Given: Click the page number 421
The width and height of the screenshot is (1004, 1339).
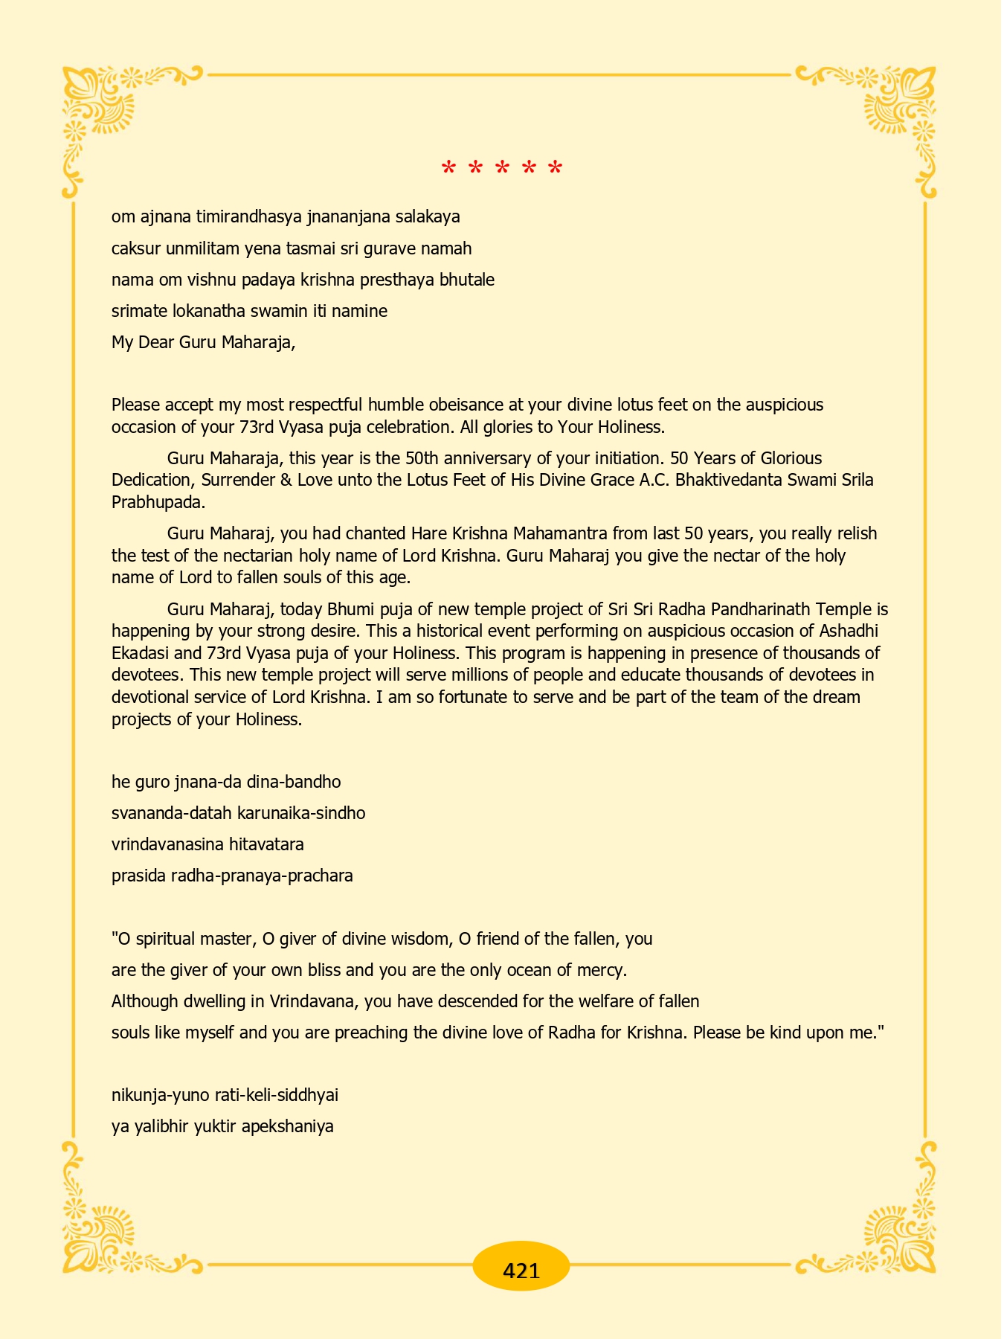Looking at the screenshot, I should click(x=521, y=1271).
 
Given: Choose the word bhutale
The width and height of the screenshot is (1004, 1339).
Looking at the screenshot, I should click(x=467, y=280).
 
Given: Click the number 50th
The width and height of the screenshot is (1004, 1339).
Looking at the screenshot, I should click(x=418, y=458).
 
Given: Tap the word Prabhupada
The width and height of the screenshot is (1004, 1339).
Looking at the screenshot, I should click(x=158, y=502).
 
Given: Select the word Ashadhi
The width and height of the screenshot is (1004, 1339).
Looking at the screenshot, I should click(x=849, y=632).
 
